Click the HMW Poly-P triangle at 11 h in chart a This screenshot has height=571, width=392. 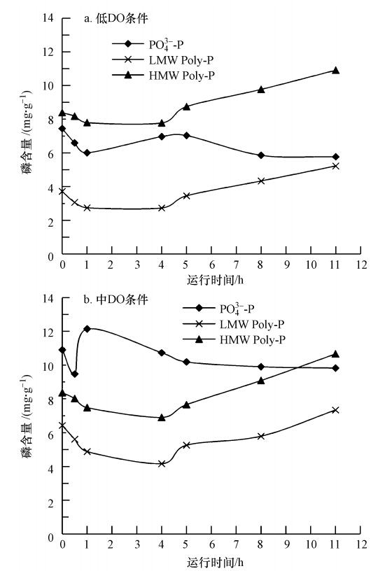pyautogui.click(x=335, y=70)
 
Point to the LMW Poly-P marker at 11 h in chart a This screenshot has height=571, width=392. pyautogui.click(x=335, y=166)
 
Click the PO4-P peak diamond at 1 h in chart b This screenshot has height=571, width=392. pyautogui.click(x=87, y=328)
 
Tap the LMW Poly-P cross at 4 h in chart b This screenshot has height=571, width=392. pyautogui.click(x=162, y=463)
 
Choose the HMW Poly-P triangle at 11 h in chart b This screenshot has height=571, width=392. pyautogui.click(x=335, y=354)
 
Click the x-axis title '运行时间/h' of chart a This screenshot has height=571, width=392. pyautogui.click(x=211, y=281)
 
